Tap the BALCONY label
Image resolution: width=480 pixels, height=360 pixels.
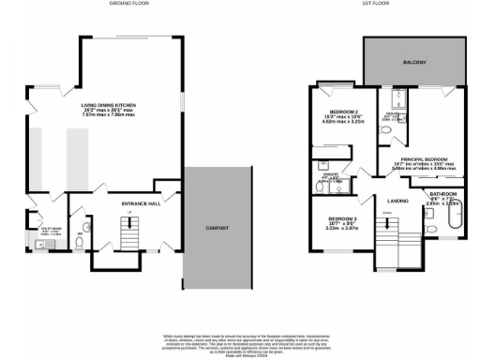click(x=415, y=63)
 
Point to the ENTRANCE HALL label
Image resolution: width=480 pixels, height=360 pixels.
click(x=143, y=202)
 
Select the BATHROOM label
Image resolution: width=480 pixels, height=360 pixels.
click(x=444, y=195)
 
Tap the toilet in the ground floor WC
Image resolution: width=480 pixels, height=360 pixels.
click(x=79, y=241)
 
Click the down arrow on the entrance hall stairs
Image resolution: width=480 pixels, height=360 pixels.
click(x=128, y=216)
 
